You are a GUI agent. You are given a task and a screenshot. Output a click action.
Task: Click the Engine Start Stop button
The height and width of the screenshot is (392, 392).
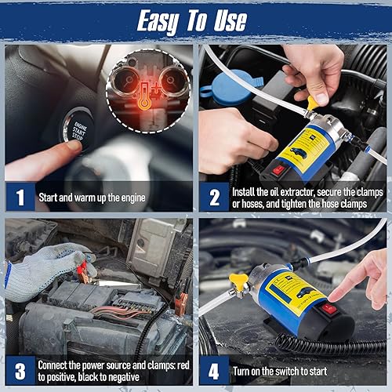click(x=78, y=129)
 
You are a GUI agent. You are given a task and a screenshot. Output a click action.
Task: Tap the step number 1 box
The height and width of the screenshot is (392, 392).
click(x=20, y=197)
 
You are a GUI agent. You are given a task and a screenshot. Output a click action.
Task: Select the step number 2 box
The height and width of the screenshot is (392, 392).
click(x=214, y=197)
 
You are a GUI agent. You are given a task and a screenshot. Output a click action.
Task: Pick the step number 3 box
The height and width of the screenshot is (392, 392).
click(x=20, y=371)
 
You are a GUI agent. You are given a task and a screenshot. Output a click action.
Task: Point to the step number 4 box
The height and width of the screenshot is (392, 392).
click(x=214, y=371)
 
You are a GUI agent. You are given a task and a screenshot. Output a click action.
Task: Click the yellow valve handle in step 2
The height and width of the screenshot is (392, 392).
click(x=313, y=103)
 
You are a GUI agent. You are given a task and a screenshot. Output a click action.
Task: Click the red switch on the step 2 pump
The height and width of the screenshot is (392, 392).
click(x=278, y=170)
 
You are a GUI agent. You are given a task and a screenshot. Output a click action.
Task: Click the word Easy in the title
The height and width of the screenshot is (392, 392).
click(x=158, y=21)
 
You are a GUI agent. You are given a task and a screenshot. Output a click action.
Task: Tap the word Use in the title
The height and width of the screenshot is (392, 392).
click(x=230, y=21)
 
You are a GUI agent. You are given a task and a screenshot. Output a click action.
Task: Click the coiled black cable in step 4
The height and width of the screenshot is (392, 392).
click(x=330, y=344)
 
